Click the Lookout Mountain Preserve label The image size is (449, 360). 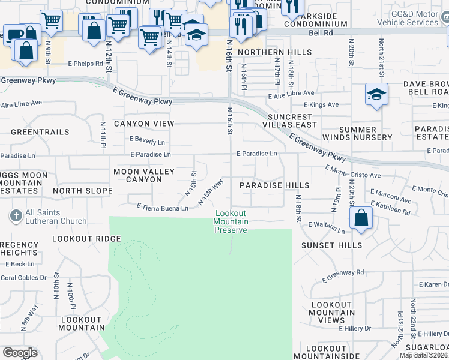231,221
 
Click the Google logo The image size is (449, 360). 20,353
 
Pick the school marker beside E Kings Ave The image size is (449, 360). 376,95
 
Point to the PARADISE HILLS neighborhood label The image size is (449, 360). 274,185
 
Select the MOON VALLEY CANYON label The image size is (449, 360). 144,176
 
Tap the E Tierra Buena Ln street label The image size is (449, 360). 162,207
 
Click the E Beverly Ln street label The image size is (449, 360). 147,142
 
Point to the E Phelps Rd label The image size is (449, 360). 85,63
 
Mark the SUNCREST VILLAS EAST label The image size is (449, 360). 292,121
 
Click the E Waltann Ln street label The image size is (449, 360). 327,227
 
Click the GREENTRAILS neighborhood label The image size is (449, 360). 40,131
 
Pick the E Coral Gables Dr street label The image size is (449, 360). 23,277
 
